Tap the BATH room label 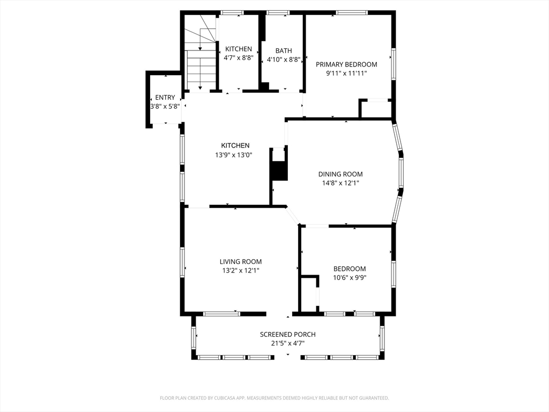click(x=284, y=51)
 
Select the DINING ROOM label click(x=340, y=174)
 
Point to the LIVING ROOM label click(x=241, y=261)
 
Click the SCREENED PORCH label click(x=288, y=335)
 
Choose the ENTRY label click(x=165, y=98)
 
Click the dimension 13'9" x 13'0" click(x=234, y=154)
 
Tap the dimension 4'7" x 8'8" click(x=239, y=58)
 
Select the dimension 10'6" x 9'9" click(x=350, y=278)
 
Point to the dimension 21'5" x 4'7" click(x=288, y=344)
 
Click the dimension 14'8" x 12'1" click(x=340, y=183)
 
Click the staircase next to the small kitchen click(x=200, y=53)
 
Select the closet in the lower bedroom click(x=309, y=293)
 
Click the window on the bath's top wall click(x=278, y=13)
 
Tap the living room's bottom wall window click(x=222, y=314)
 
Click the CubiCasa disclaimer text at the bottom click(x=274, y=398)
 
